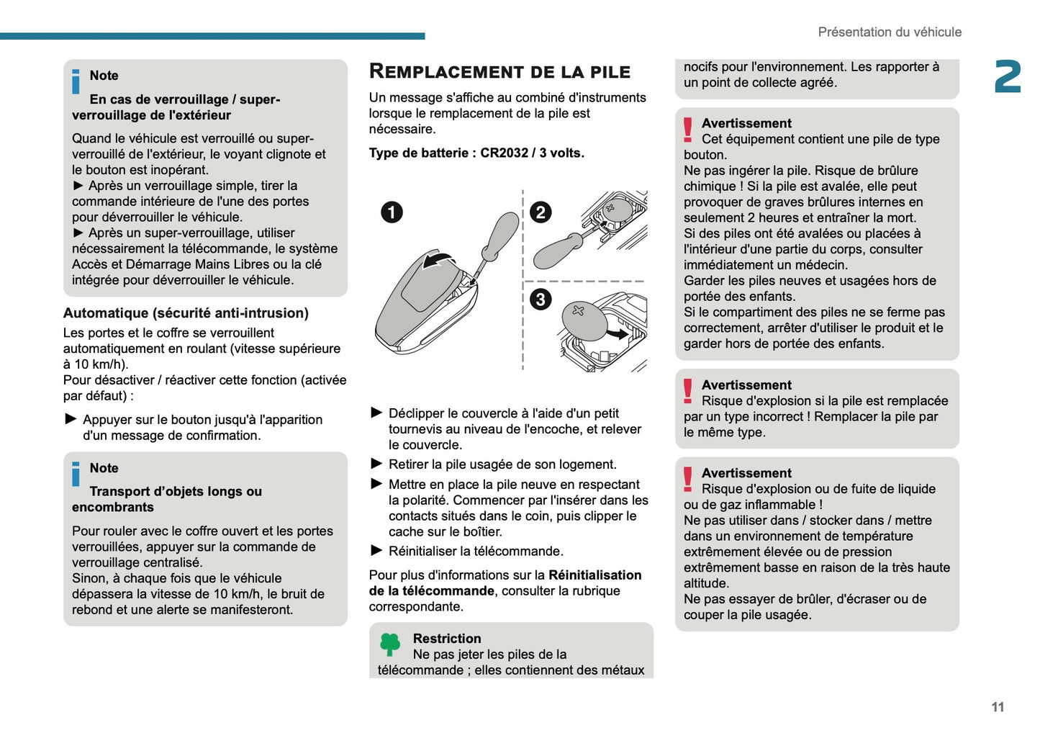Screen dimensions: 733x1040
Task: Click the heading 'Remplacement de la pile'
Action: [x=499, y=71]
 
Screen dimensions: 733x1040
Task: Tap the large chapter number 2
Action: [x=1007, y=77]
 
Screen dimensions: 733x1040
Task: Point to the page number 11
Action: [x=997, y=706]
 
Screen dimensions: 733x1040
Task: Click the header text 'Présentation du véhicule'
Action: [x=889, y=32]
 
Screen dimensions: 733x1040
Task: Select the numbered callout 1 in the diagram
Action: [x=392, y=212]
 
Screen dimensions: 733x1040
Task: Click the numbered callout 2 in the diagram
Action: [x=541, y=212]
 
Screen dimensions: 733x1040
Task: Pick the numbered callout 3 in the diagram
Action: [x=541, y=300]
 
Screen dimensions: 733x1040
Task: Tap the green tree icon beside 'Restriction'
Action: [x=389, y=644]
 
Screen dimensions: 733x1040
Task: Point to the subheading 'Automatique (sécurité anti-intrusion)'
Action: [x=186, y=313]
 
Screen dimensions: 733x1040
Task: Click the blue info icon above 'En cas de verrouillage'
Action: [x=76, y=81]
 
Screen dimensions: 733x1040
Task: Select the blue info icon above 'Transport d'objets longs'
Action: [x=76, y=474]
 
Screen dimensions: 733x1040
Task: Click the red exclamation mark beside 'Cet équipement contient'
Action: [x=688, y=130]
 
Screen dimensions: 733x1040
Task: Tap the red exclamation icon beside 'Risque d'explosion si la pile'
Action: [x=688, y=391]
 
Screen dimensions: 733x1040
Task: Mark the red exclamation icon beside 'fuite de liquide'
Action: [x=688, y=479]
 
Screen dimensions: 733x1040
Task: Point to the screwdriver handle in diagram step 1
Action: [x=501, y=233]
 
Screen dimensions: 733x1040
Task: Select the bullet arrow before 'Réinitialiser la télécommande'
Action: [x=376, y=551]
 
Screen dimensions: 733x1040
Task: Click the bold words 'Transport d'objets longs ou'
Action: [x=176, y=492]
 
